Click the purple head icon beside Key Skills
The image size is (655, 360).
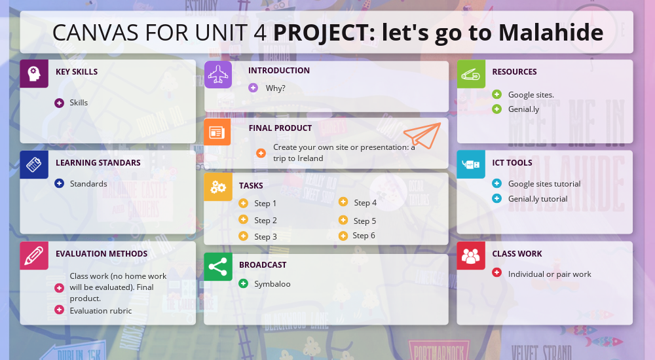click(34, 73)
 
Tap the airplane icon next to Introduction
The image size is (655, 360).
click(218, 75)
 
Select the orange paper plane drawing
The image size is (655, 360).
click(421, 135)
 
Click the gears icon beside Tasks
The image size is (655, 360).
click(218, 187)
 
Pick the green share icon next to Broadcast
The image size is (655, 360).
click(218, 267)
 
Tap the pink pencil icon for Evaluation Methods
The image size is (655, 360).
click(34, 256)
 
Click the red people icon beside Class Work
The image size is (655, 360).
click(471, 256)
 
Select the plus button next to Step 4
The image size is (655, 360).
click(343, 202)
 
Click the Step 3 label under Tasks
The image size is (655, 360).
click(265, 236)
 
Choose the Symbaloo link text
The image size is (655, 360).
click(272, 284)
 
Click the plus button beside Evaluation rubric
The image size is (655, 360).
click(59, 310)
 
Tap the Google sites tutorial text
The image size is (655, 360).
click(544, 184)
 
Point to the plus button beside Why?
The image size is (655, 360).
click(253, 88)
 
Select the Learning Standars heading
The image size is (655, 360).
click(98, 162)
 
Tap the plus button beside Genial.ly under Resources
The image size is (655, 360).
click(496, 109)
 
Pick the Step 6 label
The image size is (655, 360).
click(364, 236)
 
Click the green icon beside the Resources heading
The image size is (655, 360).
click(471, 74)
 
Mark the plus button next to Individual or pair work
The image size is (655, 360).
click(496, 273)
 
